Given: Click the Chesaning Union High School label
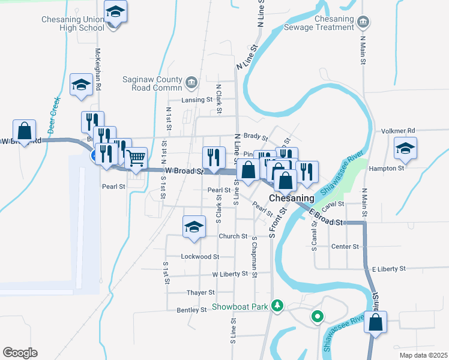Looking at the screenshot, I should click(x=73, y=23).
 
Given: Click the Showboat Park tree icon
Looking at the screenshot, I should click(x=277, y=306).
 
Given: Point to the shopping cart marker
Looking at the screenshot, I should click(x=136, y=159).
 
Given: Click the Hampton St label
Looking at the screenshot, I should click(x=387, y=169).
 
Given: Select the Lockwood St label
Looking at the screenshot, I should click(x=200, y=256).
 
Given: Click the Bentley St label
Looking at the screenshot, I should click(x=191, y=310).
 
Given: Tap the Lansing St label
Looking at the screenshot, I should click(x=197, y=100).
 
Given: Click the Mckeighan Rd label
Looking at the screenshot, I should click(x=98, y=70).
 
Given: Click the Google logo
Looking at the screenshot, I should click(x=20, y=352).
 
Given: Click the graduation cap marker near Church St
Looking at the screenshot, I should click(x=194, y=227).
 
